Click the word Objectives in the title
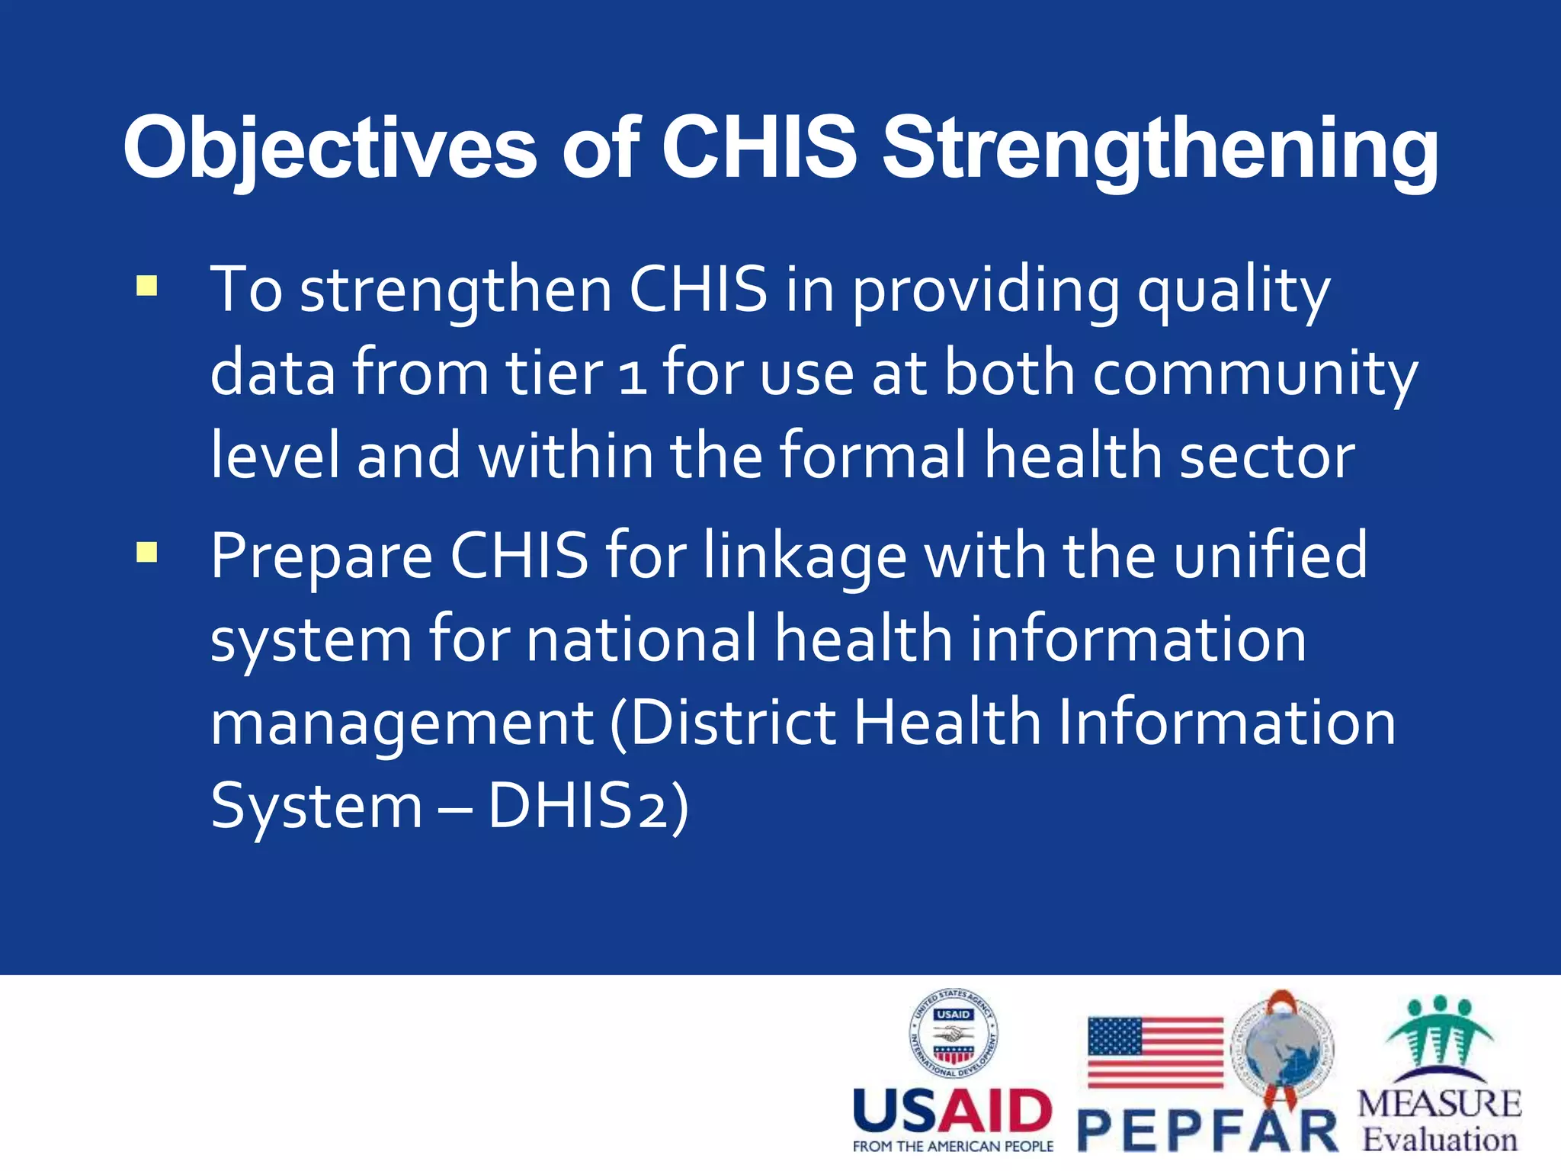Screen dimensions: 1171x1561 tap(330, 149)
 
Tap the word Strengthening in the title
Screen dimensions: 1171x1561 tap(1159, 149)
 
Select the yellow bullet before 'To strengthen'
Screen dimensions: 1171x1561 tap(146, 287)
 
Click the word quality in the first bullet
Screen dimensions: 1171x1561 tap(1233, 291)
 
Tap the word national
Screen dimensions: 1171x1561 tap(641, 640)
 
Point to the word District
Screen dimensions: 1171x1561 tap(731, 723)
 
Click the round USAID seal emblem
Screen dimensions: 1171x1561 tap(954, 1033)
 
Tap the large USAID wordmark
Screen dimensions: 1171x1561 tap(952, 1112)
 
